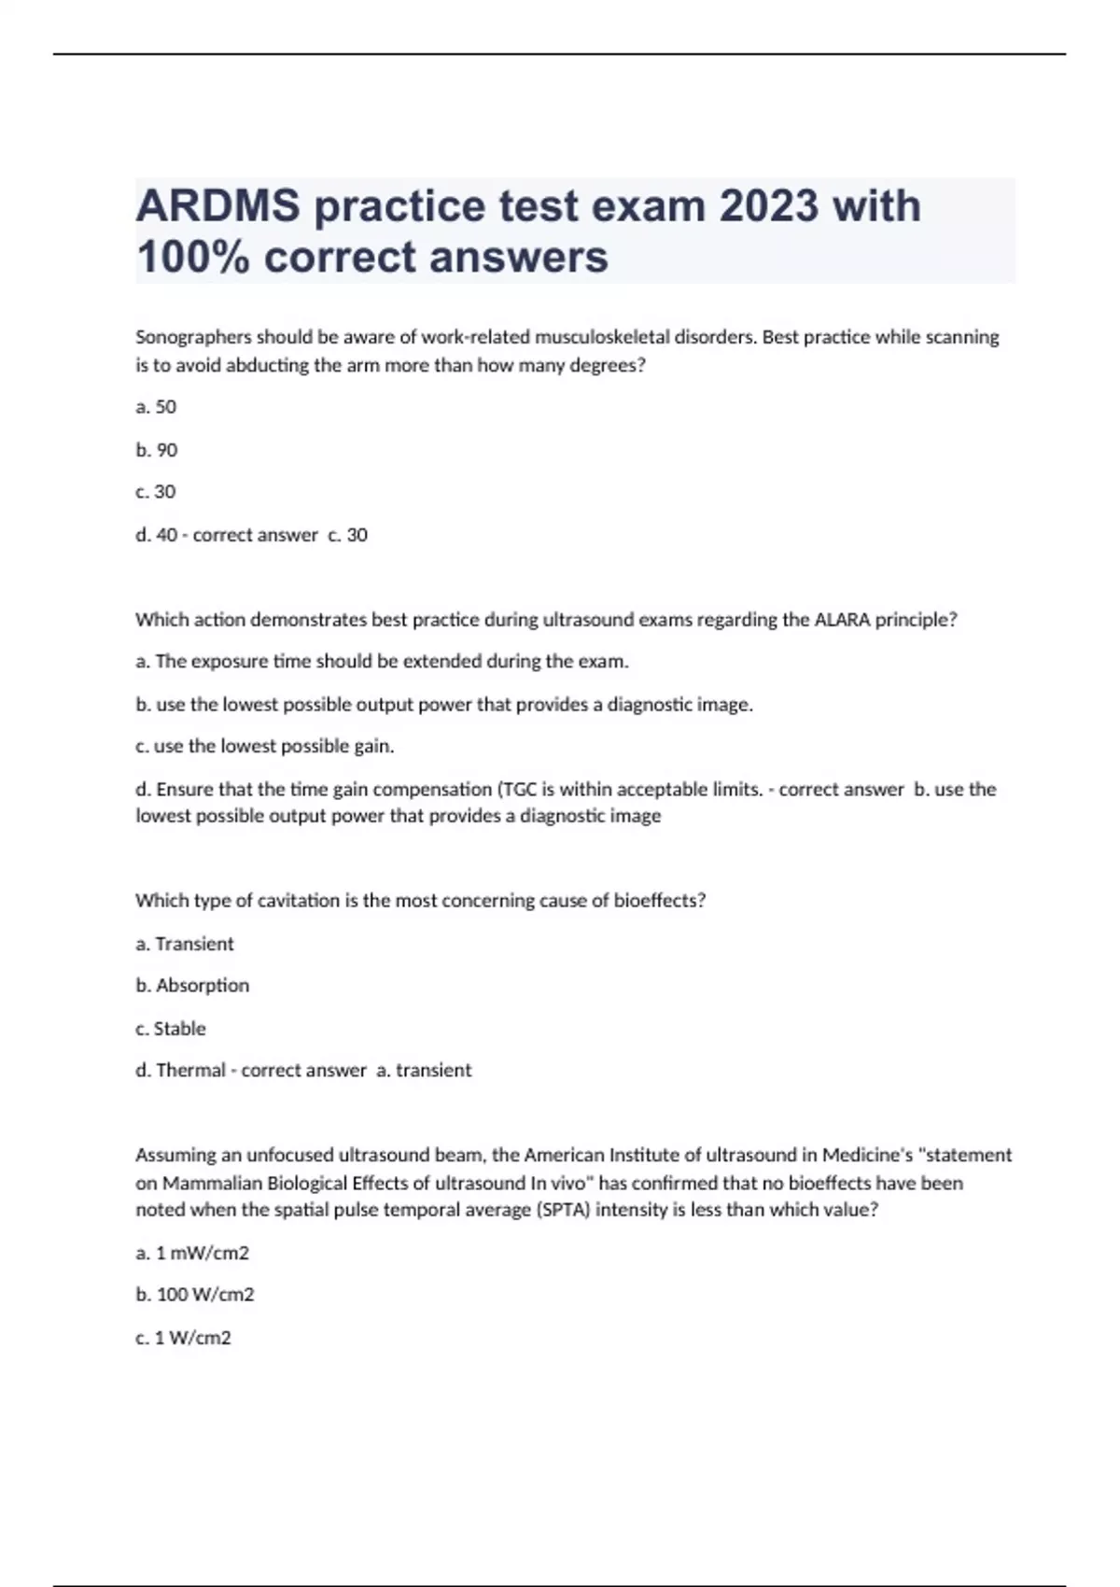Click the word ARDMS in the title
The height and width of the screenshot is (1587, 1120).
click(x=218, y=206)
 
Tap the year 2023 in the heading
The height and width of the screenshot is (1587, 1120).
click(x=768, y=206)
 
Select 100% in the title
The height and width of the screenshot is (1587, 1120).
click(x=192, y=257)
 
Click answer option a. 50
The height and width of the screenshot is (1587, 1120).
click(x=156, y=407)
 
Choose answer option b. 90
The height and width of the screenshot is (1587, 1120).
click(x=156, y=450)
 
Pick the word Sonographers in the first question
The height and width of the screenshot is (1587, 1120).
click(x=193, y=337)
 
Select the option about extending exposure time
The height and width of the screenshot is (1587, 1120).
click(x=382, y=662)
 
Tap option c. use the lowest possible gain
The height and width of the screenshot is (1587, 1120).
click(x=265, y=747)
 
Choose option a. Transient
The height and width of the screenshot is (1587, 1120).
click(x=185, y=944)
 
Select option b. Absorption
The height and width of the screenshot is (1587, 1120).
click(x=192, y=986)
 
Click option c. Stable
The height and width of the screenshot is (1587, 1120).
click(x=171, y=1029)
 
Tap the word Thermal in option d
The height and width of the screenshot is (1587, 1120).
click(x=190, y=1071)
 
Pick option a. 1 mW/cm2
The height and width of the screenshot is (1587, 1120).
click(x=192, y=1254)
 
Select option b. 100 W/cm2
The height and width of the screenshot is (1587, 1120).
click(x=195, y=1296)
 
